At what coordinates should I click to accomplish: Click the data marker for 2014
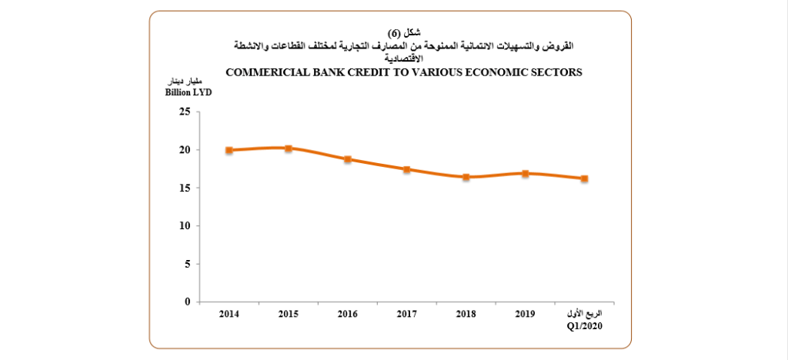coord(229,150)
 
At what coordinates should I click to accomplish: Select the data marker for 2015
coord(288,148)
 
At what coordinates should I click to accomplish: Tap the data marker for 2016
coord(348,159)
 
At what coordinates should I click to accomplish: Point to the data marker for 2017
coord(406,169)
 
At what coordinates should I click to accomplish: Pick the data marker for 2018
coord(466,177)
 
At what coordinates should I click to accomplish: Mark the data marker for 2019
coord(525,173)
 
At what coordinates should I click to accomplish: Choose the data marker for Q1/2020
coord(584,178)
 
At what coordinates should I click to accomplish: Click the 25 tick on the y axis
coord(184,112)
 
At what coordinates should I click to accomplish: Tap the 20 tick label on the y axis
coord(184,150)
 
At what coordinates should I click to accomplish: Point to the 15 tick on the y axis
coord(184,188)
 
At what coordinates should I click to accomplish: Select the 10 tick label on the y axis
coord(184,226)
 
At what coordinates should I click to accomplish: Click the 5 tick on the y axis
coord(186,264)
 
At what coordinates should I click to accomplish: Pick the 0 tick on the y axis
coord(186,302)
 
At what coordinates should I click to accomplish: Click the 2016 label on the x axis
coord(348,314)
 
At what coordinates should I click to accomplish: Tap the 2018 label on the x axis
coord(466,314)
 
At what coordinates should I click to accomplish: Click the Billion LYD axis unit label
coord(188,92)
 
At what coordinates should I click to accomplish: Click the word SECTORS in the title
coord(556,72)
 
